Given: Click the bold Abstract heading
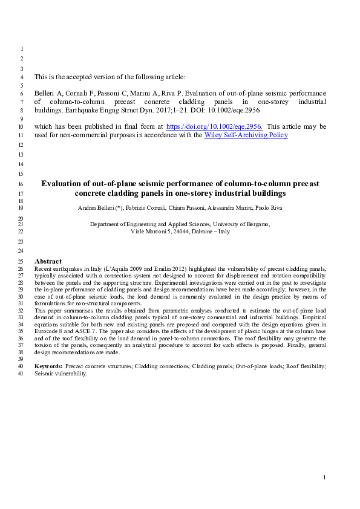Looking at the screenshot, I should point(48,261).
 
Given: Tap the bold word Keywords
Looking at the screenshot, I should point(48,366).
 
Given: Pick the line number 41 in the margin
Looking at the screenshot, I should point(22,374).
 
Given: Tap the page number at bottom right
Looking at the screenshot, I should point(325,478).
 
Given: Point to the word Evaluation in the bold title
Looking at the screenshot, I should point(61,183).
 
